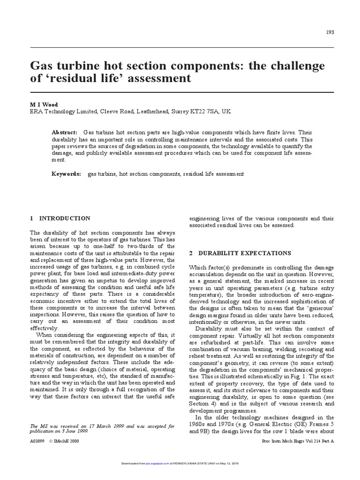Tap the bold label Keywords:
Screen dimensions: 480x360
67,174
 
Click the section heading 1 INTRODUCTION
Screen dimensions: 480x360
60,218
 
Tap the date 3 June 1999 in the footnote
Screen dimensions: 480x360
72,431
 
